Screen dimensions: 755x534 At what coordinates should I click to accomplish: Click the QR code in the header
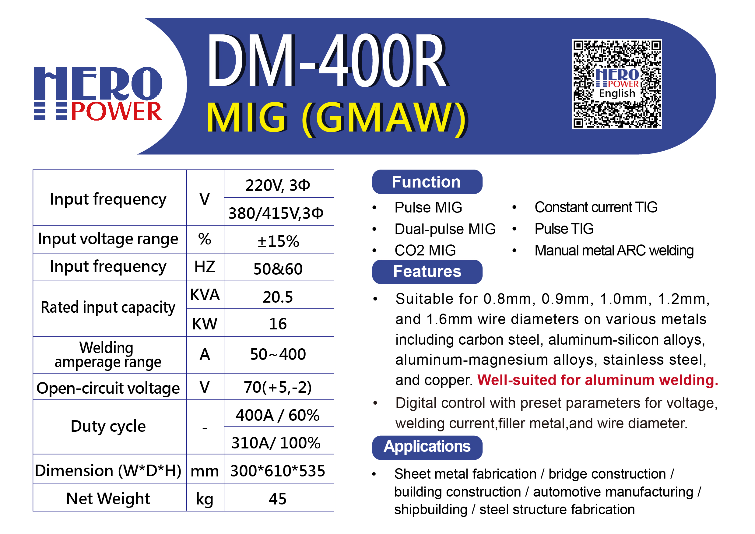[617, 84]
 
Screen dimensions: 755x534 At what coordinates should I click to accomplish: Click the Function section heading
[427, 182]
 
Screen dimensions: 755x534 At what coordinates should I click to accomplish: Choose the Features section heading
[427, 272]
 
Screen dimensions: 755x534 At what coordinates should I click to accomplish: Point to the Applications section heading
[427, 447]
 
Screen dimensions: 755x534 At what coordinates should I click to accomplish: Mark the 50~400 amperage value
[278, 354]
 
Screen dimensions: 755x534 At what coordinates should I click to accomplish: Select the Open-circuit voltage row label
[108, 388]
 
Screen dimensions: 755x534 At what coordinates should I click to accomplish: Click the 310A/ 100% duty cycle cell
[276, 443]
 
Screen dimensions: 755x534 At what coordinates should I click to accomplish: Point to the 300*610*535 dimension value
[278, 471]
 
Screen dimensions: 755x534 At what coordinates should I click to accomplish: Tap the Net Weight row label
[108, 498]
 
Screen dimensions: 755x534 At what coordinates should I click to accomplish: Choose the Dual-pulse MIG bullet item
[445, 229]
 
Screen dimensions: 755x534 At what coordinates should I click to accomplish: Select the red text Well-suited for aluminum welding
[598, 380]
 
